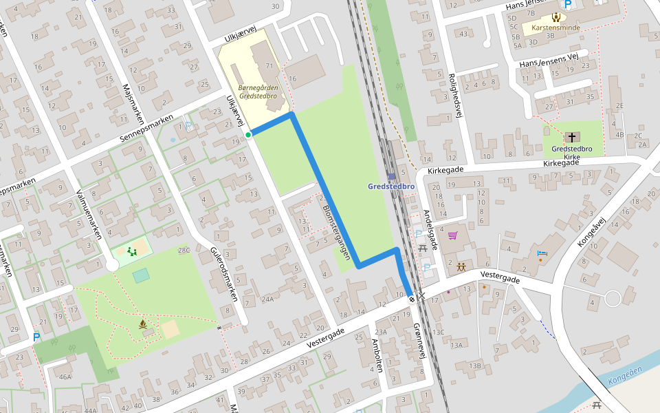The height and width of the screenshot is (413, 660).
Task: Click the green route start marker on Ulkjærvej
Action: tap(247, 135)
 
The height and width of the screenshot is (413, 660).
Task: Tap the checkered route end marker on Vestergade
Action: tap(411, 298)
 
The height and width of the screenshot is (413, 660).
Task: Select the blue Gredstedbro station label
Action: tap(392, 187)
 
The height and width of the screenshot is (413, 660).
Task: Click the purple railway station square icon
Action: tap(391, 177)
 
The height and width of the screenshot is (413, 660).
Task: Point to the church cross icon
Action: tap(572, 137)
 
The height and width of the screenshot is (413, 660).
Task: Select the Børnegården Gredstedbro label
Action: tap(257, 92)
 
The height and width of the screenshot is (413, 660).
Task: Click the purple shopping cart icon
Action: tap(452, 236)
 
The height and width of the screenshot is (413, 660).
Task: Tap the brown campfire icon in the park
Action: tap(143, 324)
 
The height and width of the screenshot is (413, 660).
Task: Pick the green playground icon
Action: tap(131, 251)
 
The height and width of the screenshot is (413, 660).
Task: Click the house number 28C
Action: tap(184, 251)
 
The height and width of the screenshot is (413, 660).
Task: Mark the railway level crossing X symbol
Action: tap(421, 297)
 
